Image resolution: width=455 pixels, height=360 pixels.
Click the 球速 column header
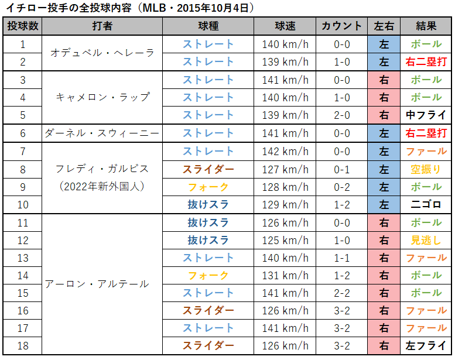(285, 26)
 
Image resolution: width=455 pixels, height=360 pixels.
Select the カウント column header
(342, 26)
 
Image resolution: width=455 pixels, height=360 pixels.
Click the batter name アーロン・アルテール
(97, 284)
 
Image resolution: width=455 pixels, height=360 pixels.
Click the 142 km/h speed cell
(285, 152)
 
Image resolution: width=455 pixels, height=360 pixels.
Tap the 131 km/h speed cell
(285, 275)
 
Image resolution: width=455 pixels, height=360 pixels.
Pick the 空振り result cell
(426, 169)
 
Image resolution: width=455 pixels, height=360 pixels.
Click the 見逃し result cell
(426, 240)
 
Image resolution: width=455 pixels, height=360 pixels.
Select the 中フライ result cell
(426, 115)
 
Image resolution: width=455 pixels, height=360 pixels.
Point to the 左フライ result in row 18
(426, 346)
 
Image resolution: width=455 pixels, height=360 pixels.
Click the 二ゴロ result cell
(426, 205)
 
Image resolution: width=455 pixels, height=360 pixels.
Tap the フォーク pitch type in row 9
(208, 187)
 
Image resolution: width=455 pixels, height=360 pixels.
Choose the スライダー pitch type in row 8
(208, 169)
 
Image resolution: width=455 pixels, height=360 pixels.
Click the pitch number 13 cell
(23, 258)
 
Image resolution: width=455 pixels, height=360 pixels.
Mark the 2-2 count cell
(342, 293)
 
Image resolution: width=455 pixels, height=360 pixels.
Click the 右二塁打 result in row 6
(426, 133)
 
